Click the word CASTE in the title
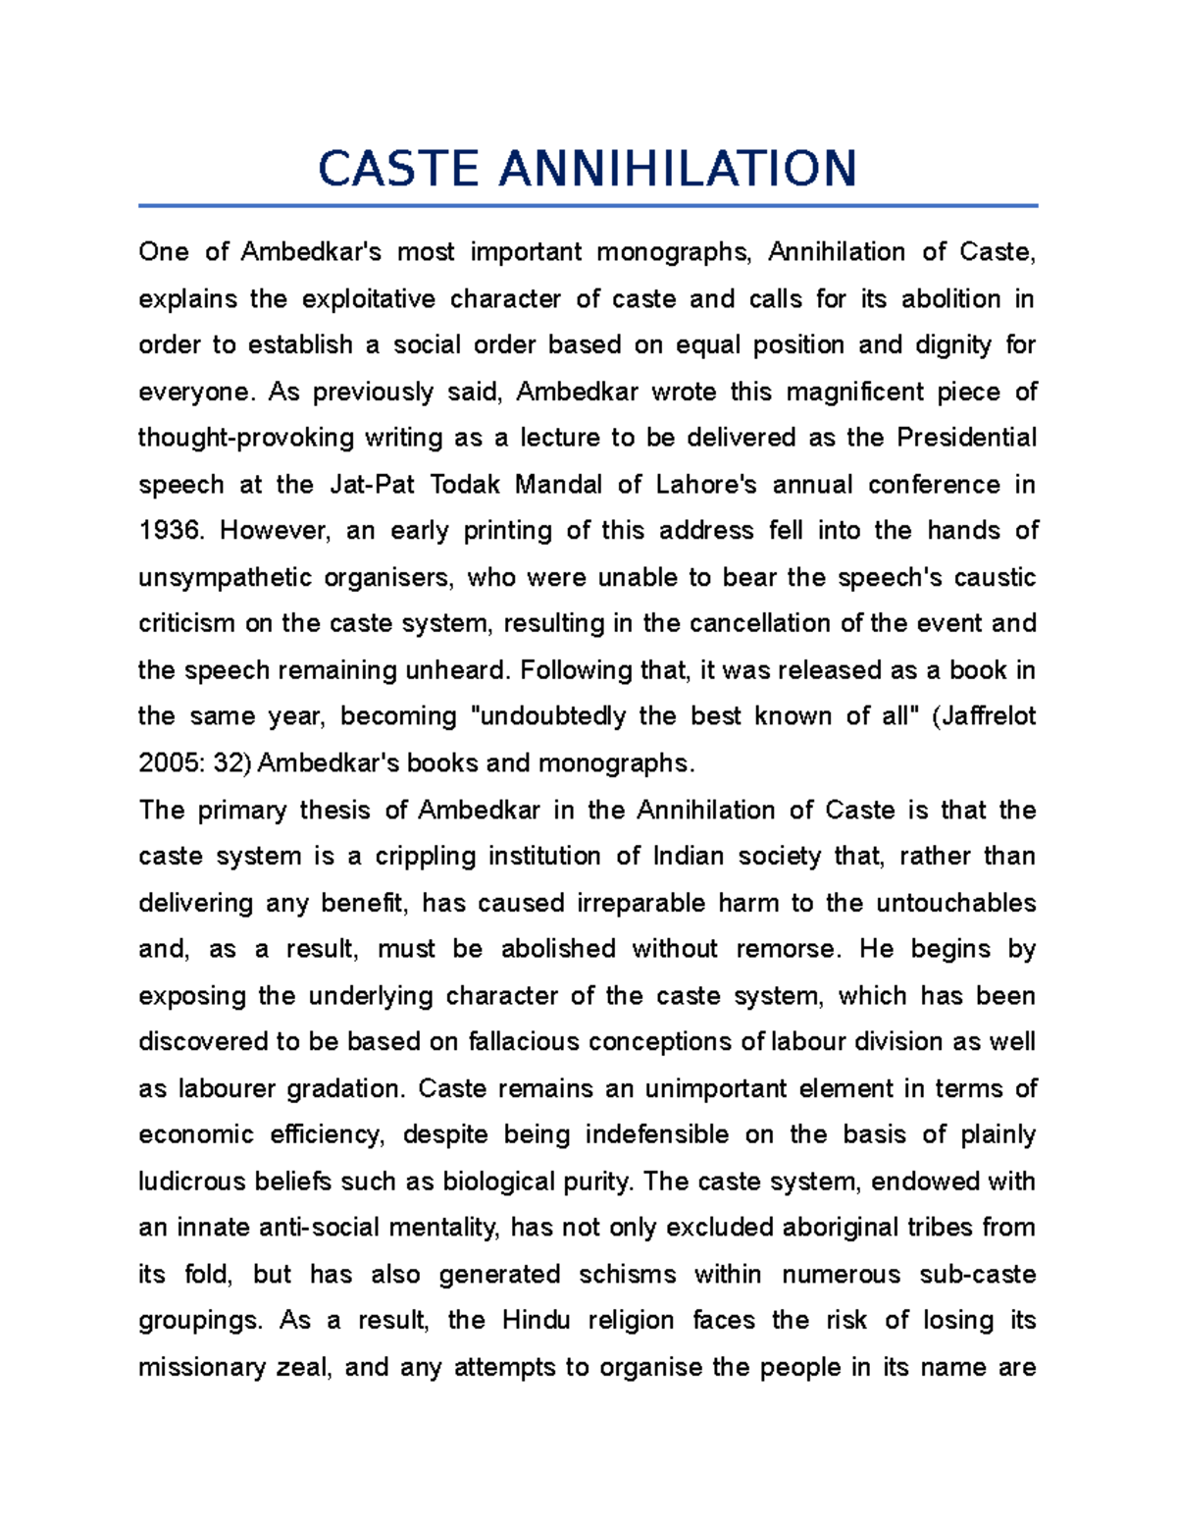(x=398, y=169)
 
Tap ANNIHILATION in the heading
(x=678, y=169)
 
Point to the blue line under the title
(x=588, y=206)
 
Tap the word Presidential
(x=966, y=439)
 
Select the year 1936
(x=170, y=532)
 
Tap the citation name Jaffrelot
(x=988, y=716)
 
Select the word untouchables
(x=955, y=903)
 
